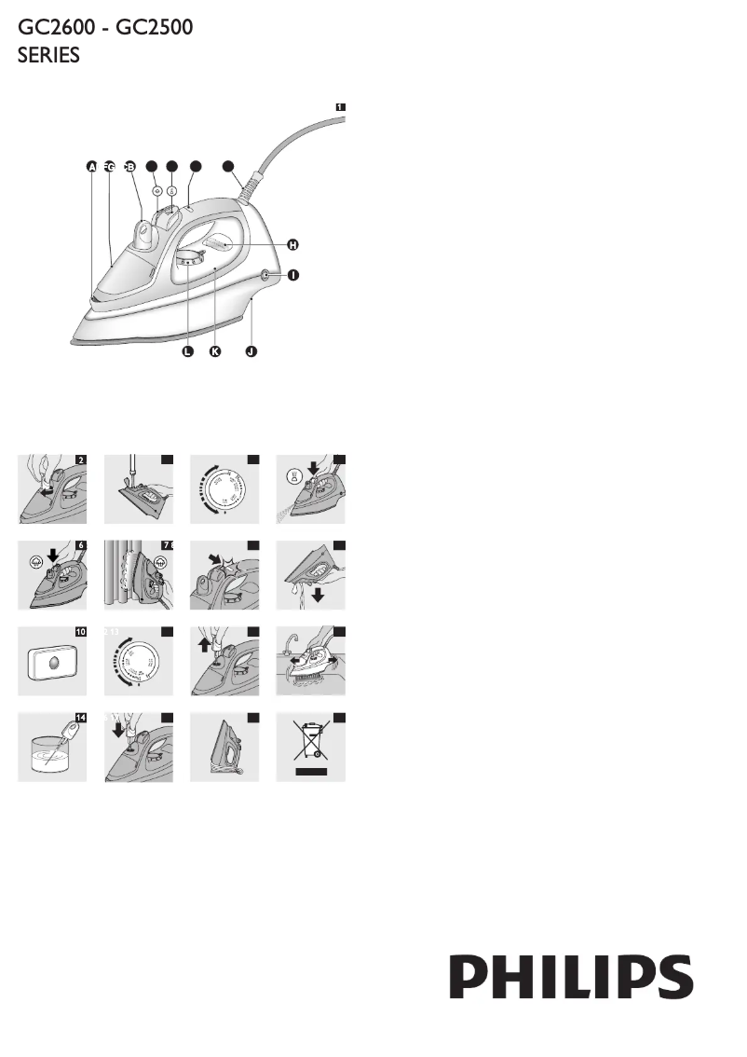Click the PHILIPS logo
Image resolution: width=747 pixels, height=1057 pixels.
coord(572,977)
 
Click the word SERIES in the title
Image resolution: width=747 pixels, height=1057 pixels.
coord(49,56)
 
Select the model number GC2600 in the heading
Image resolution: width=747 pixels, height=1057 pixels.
coord(56,28)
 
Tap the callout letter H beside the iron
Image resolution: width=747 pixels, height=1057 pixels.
coord(292,244)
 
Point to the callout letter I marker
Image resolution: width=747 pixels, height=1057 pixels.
coord(292,276)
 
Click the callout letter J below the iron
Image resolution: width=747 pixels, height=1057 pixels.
coord(251,352)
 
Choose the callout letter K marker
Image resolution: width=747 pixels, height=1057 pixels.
coord(216,352)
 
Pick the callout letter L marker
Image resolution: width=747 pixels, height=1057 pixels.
coord(187,352)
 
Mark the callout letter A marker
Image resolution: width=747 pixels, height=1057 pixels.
coord(91,167)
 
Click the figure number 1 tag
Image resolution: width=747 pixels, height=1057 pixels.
coord(340,107)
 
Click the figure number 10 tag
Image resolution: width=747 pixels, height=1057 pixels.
coord(81,631)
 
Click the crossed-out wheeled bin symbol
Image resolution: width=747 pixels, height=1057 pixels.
coord(311,746)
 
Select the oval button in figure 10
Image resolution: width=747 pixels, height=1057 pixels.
coord(53,664)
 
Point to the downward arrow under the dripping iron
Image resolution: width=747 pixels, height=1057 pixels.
coord(319,595)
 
